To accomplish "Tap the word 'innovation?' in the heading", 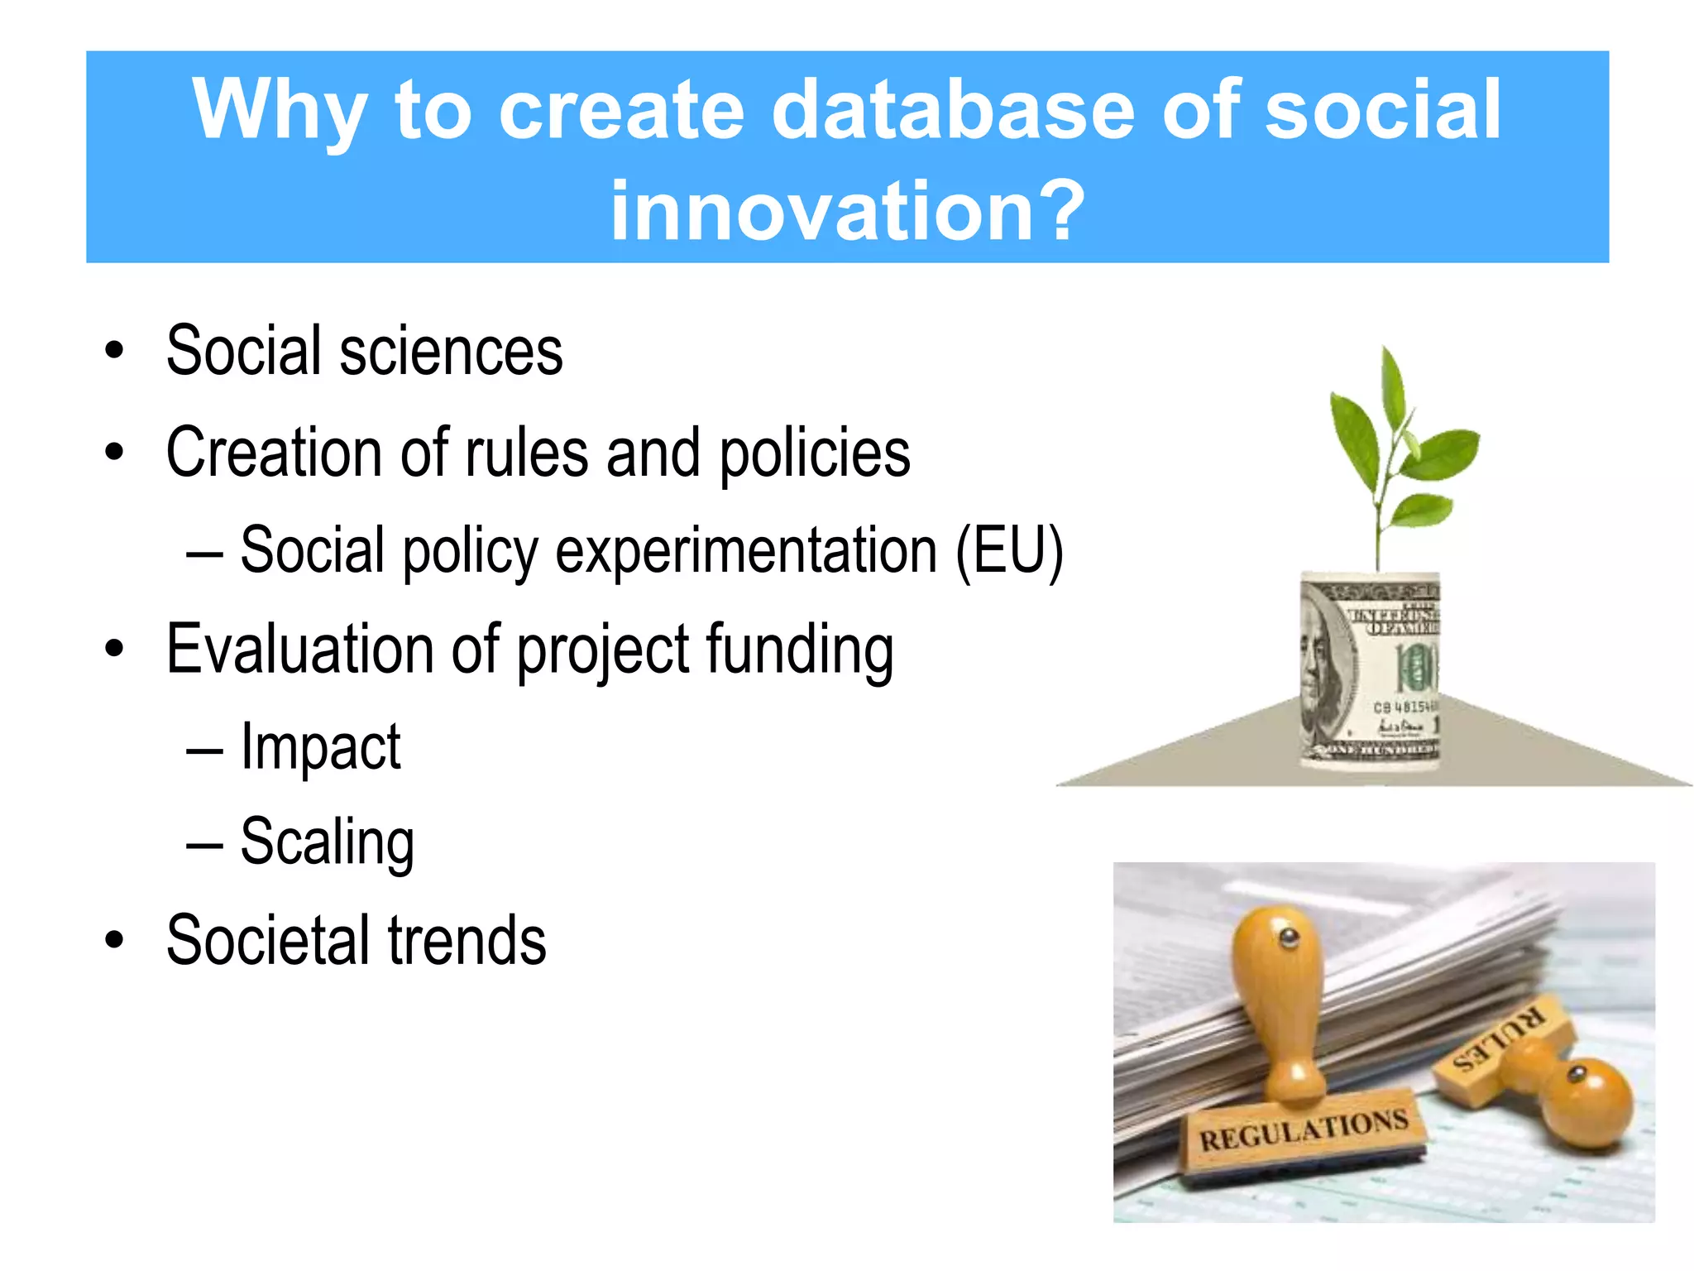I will click(x=847, y=211).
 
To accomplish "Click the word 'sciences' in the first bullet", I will click(x=451, y=351).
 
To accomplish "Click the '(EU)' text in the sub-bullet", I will click(x=1009, y=551).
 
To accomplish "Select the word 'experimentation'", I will click(x=745, y=553).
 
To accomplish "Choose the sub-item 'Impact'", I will click(x=320, y=747).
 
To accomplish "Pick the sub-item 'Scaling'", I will click(x=327, y=842).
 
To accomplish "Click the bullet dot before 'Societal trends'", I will click(x=114, y=941).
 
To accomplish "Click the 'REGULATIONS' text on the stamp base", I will click(x=1304, y=1130).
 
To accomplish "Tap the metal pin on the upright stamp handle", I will click(x=1288, y=938).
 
